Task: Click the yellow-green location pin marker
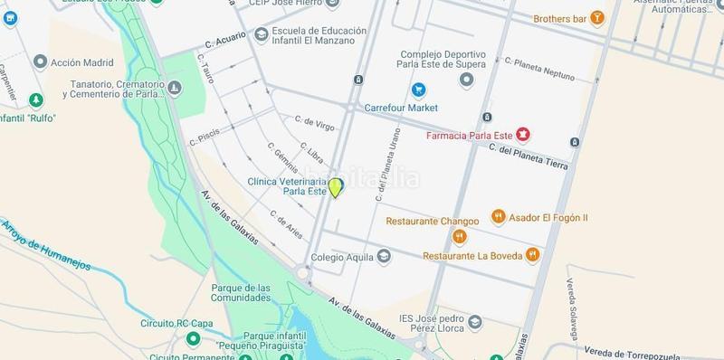coord(336,187)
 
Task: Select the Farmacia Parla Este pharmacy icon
coord(522,136)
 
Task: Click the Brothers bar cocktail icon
coord(596,17)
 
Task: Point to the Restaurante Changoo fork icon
coord(460,237)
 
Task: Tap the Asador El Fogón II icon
coord(498,217)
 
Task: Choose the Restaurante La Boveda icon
coord(533,255)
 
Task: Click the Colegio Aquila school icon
coord(385,256)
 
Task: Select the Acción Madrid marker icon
coord(40,62)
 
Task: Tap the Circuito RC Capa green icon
coord(192,338)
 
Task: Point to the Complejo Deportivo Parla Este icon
coord(467,81)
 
